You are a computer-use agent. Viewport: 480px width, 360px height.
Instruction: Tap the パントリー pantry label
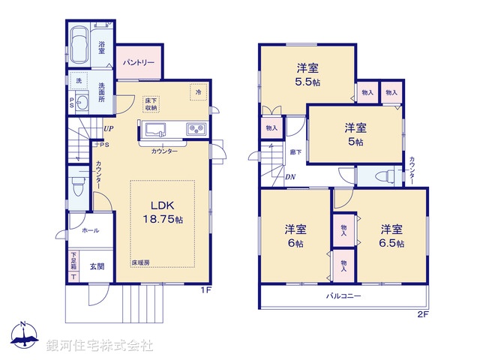click(x=139, y=62)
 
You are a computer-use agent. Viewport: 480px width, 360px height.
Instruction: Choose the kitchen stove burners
click(x=196, y=130)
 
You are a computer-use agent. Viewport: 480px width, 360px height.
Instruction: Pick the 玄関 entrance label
click(x=97, y=265)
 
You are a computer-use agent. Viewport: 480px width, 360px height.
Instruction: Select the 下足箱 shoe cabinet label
click(x=73, y=264)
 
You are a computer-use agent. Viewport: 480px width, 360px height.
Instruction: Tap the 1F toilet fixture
click(x=76, y=181)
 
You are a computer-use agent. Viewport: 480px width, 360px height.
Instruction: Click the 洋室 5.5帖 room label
click(x=307, y=71)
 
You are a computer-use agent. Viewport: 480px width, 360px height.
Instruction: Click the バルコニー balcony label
click(x=343, y=296)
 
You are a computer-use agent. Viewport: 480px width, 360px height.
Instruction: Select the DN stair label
click(x=289, y=177)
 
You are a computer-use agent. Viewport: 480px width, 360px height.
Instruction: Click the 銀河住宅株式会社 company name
click(x=100, y=346)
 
